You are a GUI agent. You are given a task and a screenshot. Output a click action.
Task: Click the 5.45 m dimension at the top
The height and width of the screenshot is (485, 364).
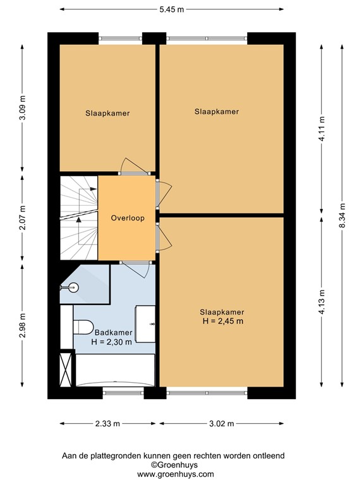coord(172,9)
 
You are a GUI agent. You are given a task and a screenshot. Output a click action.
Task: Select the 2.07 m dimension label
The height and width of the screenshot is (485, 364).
coord(23,218)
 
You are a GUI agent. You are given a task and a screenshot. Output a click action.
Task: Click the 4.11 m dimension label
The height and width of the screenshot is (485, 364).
coord(322,130)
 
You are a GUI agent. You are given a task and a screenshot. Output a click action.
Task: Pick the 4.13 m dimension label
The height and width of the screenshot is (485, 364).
coord(322,301)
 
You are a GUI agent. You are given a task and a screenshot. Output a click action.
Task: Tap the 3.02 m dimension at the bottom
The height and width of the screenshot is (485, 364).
coord(221,424)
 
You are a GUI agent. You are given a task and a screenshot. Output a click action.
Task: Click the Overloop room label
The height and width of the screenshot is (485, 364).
coord(127,219)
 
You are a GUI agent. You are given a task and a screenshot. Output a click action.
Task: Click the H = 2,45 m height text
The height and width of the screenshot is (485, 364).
coord(222,321)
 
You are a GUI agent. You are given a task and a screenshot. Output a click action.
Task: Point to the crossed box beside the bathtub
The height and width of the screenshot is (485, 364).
coord(66,369)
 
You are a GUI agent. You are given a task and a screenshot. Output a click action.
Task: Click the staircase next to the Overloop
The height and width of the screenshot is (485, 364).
coord(78,218)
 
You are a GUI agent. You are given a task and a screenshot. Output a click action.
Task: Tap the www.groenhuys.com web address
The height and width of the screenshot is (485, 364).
coord(176,474)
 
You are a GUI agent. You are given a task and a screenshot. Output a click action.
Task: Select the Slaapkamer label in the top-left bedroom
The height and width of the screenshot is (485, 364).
coord(108,114)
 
